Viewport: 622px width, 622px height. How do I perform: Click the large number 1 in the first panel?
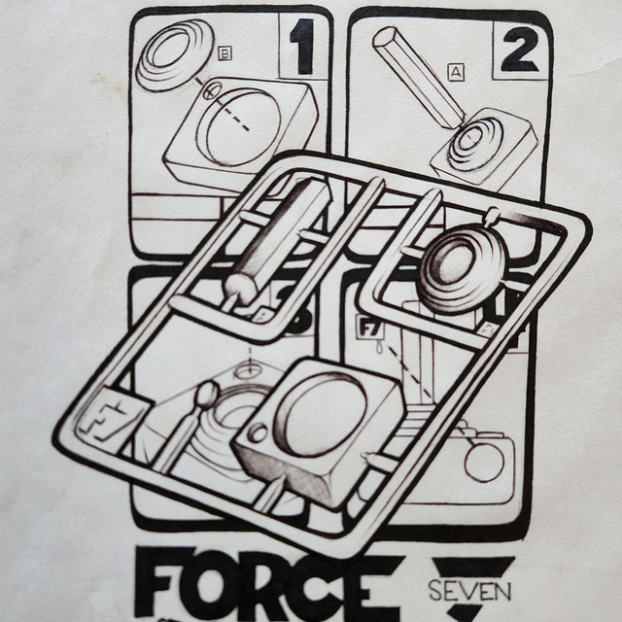click(303, 47)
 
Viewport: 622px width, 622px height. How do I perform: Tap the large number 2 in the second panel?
click(521, 50)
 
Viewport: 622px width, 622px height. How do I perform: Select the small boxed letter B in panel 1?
click(225, 53)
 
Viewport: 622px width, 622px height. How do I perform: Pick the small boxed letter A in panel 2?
click(456, 72)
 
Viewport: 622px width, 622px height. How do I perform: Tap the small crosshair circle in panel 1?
click(213, 90)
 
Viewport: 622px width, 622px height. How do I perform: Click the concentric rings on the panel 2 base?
click(474, 144)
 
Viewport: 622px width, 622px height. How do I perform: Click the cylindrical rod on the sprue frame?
click(278, 238)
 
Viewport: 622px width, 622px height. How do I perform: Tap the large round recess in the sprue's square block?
click(322, 414)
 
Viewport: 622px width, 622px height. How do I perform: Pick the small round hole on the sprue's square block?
click(258, 432)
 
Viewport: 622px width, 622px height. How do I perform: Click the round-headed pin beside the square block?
click(206, 394)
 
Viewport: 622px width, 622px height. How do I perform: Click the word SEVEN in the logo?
click(469, 591)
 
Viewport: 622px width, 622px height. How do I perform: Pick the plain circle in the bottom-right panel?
click(484, 463)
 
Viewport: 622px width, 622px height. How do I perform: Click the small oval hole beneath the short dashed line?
click(249, 371)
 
